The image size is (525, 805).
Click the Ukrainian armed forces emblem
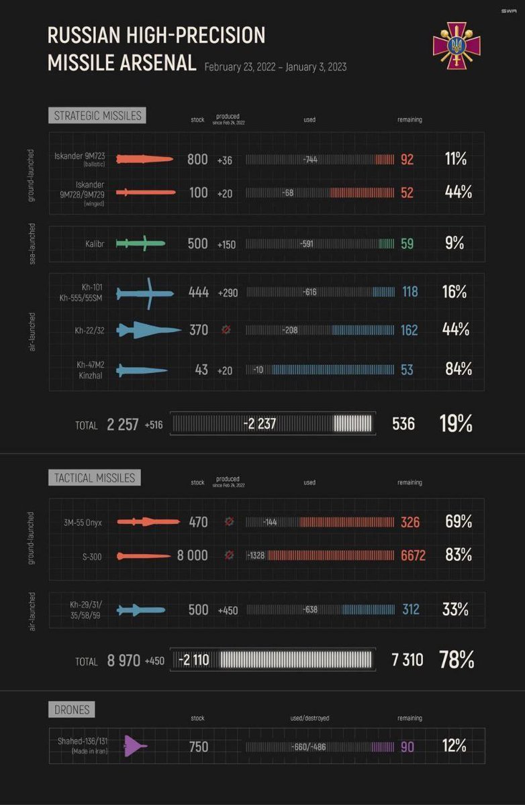[457, 46]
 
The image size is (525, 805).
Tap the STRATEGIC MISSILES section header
[97, 115]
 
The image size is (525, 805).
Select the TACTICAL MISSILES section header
[95, 478]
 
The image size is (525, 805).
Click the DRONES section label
[72, 709]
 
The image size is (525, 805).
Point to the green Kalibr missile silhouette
[140, 244]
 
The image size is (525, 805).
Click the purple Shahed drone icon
[135, 746]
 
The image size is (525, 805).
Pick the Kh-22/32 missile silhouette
[148, 330]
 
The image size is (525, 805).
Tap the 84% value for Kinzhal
[459, 369]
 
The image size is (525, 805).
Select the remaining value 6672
[413, 555]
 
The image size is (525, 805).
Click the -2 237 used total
[260, 424]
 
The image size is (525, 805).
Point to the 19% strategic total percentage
[456, 424]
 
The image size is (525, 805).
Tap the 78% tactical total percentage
[457, 660]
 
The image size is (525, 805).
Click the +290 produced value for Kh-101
[228, 292]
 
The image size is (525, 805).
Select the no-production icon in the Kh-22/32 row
[226, 330]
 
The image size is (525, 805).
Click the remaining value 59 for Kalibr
[407, 244]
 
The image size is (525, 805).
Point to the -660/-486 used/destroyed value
[309, 747]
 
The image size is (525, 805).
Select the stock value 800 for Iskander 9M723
[197, 160]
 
